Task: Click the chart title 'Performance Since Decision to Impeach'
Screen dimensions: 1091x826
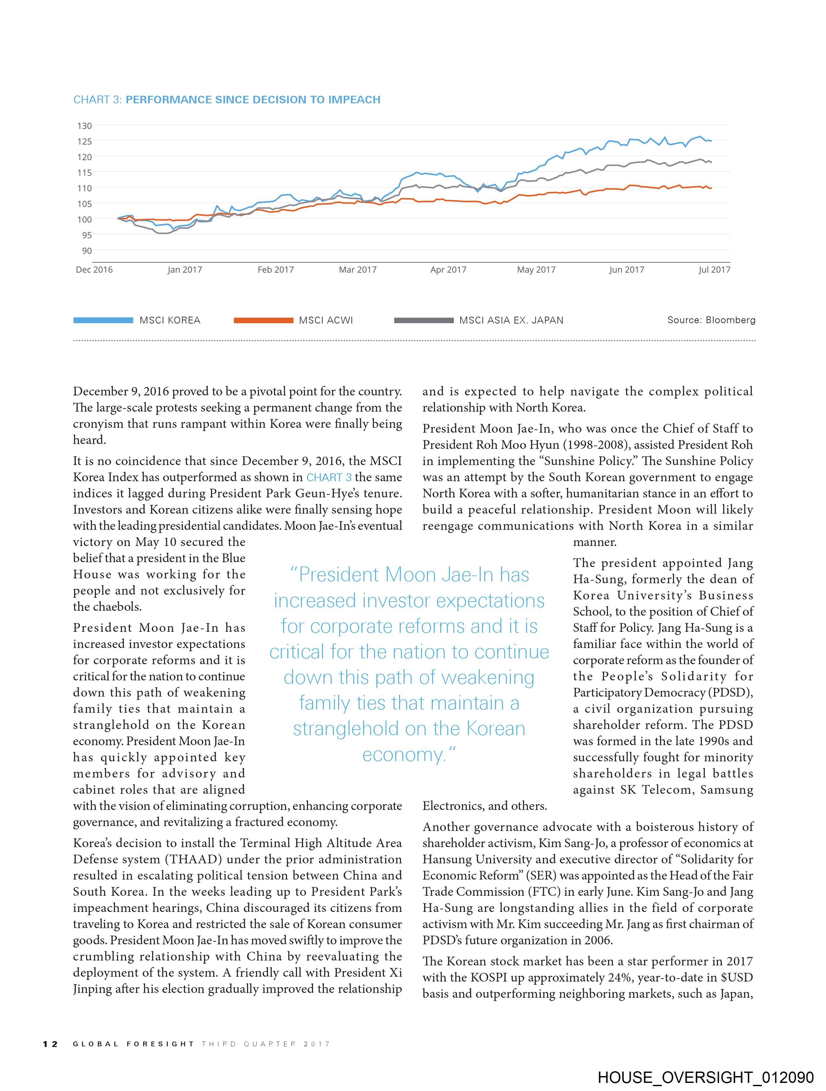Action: pyautogui.click(x=253, y=100)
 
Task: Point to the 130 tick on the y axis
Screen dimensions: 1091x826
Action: pyautogui.click(x=84, y=126)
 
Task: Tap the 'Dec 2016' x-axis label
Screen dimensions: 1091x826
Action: pyautogui.click(x=94, y=270)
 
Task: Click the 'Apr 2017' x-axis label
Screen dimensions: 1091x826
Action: pyautogui.click(x=448, y=270)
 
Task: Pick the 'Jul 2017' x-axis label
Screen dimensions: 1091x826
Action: pyautogui.click(x=714, y=270)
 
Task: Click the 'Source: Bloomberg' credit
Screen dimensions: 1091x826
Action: pyautogui.click(x=711, y=320)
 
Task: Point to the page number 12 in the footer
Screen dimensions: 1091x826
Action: pyautogui.click(x=50, y=1044)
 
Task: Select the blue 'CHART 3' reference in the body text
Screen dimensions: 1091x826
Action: pyautogui.click(x=329, y=477)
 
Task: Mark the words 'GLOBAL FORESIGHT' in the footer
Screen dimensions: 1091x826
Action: pyautogui.click(x=133, y=1044)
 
